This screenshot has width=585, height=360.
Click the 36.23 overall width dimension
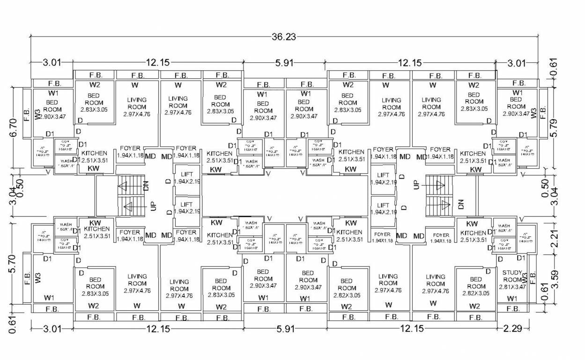pyautogui.click(x=284, y=37)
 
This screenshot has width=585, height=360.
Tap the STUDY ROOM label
pyautogui.click(x=512, y=276)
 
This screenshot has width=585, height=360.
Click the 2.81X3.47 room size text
pyautogui.click(x=512, y=287)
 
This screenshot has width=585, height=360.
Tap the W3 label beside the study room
pyautogui.click(x=525, y=277)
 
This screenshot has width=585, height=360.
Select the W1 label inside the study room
pyautogui.click(x=512, y=298)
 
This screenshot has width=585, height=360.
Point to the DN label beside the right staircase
pyautogui.click(x=461, y=204)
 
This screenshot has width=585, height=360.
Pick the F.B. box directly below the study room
pyautogui.click(x=513, y=309)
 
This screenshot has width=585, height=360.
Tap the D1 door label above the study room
pyautogui.click(x=521, y=258)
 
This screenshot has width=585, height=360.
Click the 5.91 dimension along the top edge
pyautogui.click(x=284, y=62)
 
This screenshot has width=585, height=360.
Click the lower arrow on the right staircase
pyautogui.click(x=445, y=204)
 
